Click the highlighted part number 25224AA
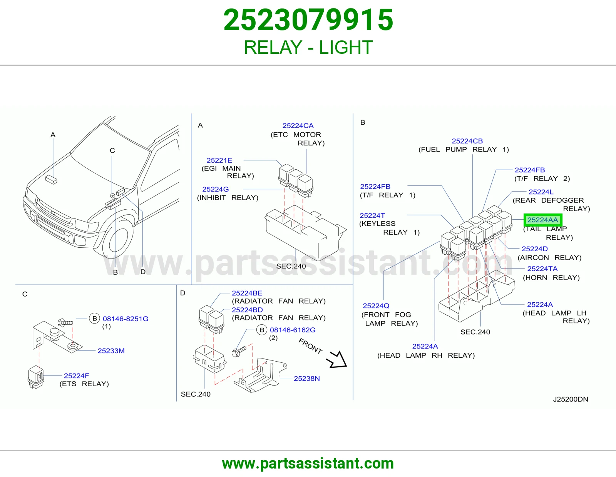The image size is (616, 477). (x=542, y=220)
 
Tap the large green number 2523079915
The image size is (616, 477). (x=308, y=20)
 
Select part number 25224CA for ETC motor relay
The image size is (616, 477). (x=298, y=125)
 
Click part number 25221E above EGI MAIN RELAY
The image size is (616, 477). (x=219, y=160)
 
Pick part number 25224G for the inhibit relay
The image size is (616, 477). (x=216, y=189)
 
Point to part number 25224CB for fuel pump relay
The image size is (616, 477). (x=467, y=141)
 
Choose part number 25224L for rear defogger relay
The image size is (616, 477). (x=541, y=192)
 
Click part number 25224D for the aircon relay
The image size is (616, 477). (x=535, y=249)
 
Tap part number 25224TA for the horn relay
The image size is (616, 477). (x=542, y=269)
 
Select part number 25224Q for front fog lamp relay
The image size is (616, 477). (x=376, y=306)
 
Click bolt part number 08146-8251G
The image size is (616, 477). (x=125, y=319)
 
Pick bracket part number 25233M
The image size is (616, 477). (x=111, y=351)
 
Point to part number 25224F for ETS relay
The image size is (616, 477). (x=76, y=376)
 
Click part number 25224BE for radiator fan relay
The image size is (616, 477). (x=247, y=293)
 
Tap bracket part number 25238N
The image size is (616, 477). (x=307, y=379)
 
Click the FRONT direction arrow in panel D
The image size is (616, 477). (x=337, y=360)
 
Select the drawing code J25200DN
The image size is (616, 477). (x=570, y=399)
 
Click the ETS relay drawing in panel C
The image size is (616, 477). (x=36, y=377)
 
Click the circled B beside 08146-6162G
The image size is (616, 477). (x=262, y=330)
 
